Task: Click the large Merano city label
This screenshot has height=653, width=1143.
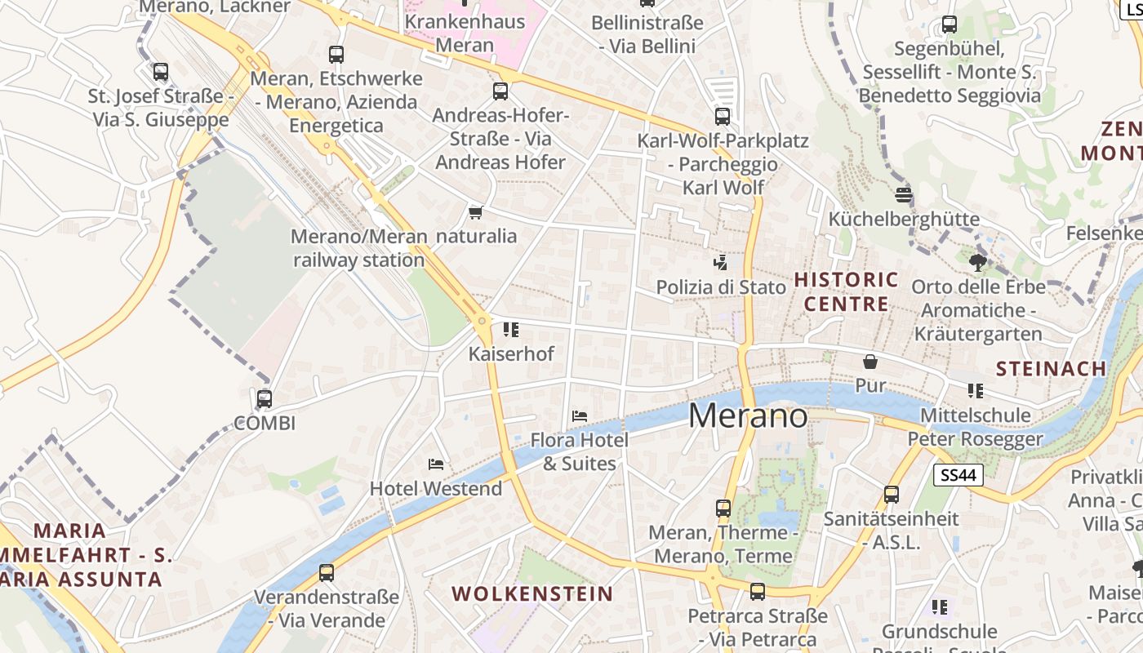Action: pyautogui.click(x=748, y=415)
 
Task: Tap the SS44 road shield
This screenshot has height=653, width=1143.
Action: pyautogui.click(x=958, y=475)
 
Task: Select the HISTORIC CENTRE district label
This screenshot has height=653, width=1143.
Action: pyautogui.click(x=846, y=292)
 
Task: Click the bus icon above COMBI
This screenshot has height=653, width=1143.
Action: pyautogui.click(x=265, y=399)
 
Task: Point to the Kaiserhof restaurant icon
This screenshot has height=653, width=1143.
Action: pyautogui.click(x=511, y=330)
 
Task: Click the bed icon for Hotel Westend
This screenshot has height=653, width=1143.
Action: pyautogui.click(x=436, y=464)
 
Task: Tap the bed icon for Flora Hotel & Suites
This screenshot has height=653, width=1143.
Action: pyautogui.click(x=580, y=415)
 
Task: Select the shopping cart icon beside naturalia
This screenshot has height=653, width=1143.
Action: pyautogui.click(x=475, y=212)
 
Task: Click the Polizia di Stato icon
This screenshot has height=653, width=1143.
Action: pyautogui.click(x=720, y=263)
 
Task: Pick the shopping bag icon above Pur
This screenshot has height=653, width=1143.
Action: pyautogui.click(x=870, y=361)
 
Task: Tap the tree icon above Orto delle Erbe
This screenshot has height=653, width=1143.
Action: pyautogui.click(x=977, y=263)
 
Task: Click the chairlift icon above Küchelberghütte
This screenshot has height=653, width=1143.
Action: pyautogui.click(x=903, y=194)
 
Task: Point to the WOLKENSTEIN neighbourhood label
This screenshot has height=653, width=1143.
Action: pyautogui.click(x=532, y=593)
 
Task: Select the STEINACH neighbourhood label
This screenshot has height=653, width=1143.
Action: pyautogui.click(x=1052, y=368)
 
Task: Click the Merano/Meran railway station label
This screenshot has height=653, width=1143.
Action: pyautogui.click(x=359, y=248)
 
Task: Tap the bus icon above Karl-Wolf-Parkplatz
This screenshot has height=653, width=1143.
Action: pyautogui.click(x=723, y=116)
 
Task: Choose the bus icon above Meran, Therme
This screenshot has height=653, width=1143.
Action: pyautogui.click(x=723, y=508)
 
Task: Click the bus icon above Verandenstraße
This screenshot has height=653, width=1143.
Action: pyautogui.click(x=327, y=572)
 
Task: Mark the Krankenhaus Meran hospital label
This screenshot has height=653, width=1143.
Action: pyautogui.click(x=465, y=33)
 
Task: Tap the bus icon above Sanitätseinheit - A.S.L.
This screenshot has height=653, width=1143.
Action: pyautogui.click(x=892, y=494)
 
